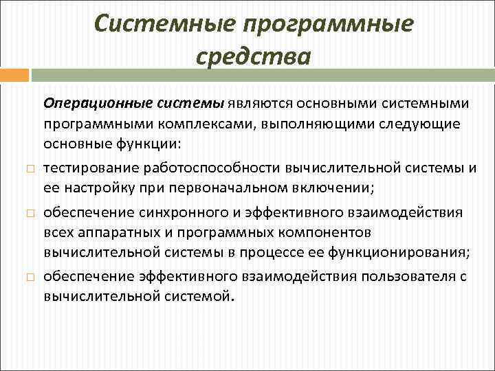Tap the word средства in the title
(254, 54)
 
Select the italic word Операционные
(89, 104)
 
